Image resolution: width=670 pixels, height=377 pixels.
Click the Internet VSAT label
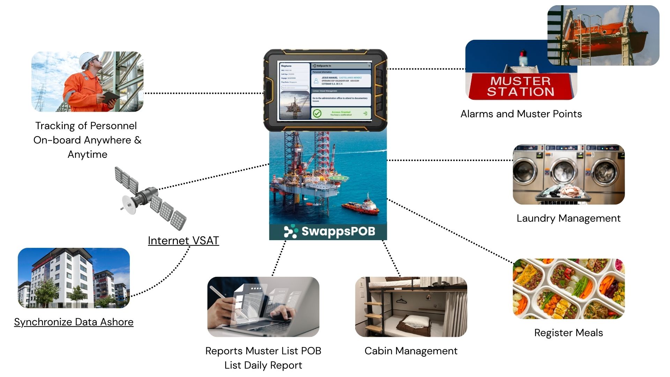[183, 241]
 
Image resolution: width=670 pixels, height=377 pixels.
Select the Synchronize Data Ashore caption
[74, 322]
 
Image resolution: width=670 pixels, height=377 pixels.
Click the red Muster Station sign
[521, 86]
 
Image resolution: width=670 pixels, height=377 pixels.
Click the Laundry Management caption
[568, 218]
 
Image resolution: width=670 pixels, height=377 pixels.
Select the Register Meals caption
[568, 333]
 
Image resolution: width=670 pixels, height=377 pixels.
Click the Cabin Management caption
[411, 351]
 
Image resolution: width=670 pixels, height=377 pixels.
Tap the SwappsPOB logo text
[338, 231]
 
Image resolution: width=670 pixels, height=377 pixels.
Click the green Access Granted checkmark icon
[317, 113]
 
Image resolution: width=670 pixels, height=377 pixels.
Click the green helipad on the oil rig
[338, 178]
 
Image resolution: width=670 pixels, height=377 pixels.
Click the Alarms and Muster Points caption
[521, 114]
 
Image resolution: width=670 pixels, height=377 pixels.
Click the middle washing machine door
[563, 171]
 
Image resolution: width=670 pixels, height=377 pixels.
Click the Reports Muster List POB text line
[263, 351]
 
